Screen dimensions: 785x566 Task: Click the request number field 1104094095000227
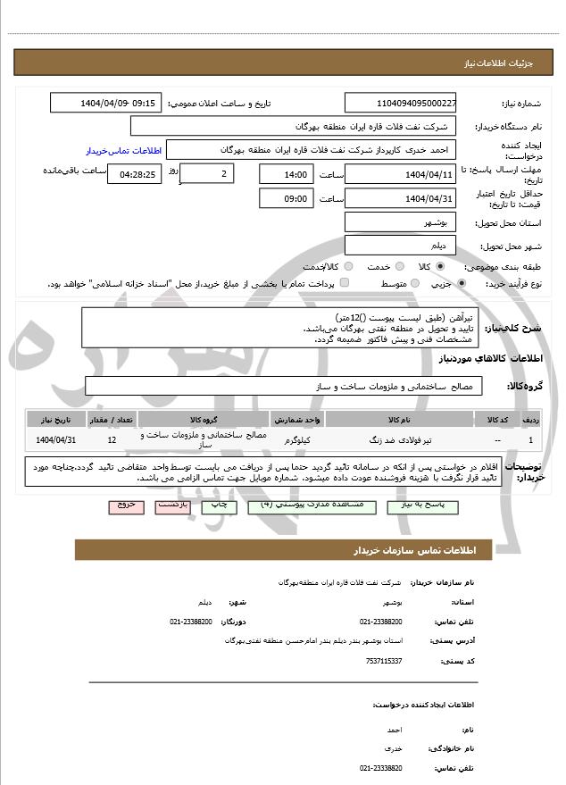point(400,104)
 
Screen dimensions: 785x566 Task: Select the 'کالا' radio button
point(439,266)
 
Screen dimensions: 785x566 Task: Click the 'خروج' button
point(126,505)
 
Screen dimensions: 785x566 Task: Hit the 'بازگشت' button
point(171,505)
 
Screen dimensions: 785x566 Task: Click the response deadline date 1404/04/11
point(400,174)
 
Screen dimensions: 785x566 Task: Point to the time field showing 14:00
point(287,174)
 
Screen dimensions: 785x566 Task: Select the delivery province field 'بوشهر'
point(400,221)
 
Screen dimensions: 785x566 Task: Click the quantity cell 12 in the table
point(111,439)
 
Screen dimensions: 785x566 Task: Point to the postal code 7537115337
point(384,660)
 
